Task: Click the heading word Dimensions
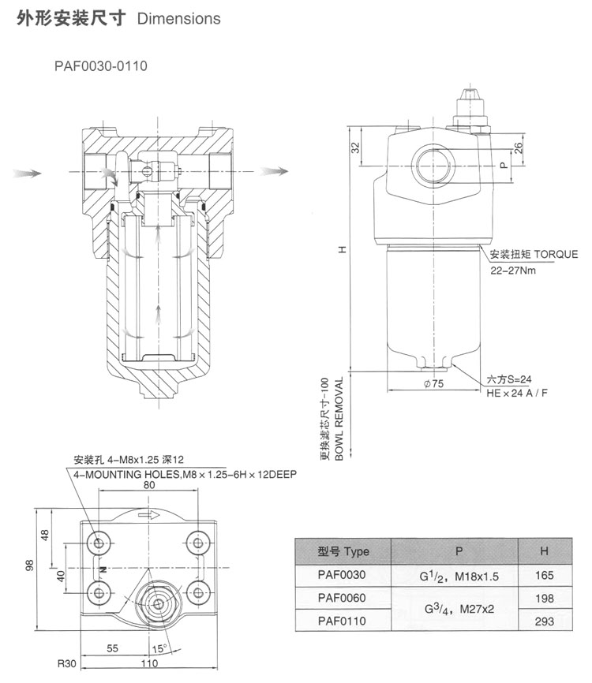point(178,19)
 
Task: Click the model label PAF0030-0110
point(100,66)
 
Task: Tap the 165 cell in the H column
point(544,576)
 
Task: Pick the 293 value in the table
point(544,621)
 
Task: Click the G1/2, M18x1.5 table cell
point(459,576)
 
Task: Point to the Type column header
point(343,551)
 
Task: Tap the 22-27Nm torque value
point(515,270)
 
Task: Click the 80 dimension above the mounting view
point(148,486)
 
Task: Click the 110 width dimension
point(148,663)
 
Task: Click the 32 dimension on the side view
point(354,147)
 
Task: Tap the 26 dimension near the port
point(518,147)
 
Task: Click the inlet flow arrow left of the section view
point(26,170)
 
